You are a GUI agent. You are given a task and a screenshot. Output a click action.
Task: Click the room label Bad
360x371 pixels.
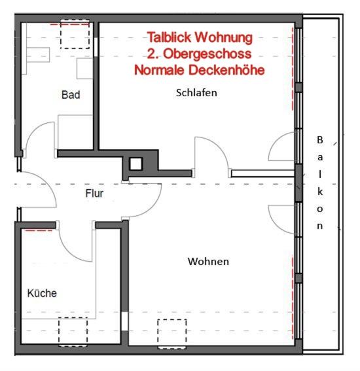tap(71, 95)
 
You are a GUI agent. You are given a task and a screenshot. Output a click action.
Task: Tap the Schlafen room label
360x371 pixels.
tap(196, 93)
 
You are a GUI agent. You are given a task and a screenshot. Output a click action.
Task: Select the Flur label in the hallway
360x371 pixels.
tap(95, 194)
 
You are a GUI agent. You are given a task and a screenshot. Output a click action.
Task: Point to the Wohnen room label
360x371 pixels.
tap(208, 262)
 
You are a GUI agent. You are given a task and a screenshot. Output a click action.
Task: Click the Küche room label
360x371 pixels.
tap(42, 293)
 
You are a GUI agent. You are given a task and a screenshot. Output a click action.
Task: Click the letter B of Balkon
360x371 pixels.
tap(320, 140)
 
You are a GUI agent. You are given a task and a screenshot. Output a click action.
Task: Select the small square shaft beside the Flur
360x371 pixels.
tap(135, 164)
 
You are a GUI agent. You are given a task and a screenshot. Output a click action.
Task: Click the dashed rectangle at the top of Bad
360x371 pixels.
tap(75, 35)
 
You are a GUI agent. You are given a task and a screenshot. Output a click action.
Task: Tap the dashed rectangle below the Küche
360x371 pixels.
tap(73, 332)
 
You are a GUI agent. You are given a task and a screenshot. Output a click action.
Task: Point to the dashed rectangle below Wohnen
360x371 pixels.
tap(171, 331)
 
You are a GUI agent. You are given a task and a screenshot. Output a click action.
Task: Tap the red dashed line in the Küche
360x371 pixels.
tap(39, 231)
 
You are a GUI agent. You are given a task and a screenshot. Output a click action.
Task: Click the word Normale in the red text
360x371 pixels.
tap(158, 69)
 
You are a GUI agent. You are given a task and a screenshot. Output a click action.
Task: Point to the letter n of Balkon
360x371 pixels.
tap(320, 226)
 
